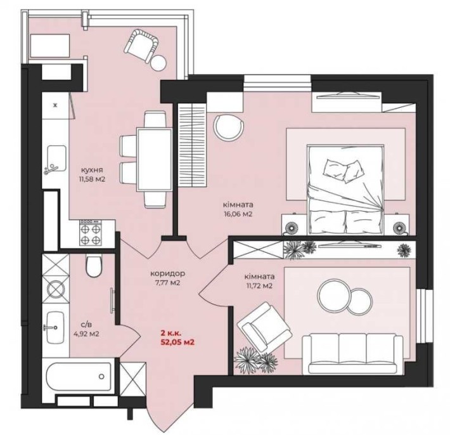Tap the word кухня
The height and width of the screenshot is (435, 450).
tap(92, 169)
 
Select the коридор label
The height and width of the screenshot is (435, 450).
tap(168, 273)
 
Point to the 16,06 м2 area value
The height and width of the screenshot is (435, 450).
tap(238, 214)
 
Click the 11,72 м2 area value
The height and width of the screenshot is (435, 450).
tap(259, 286)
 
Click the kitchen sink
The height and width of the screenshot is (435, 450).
tap(56, 160)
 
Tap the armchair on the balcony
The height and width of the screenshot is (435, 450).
tap(141, 45)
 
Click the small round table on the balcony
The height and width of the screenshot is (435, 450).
tap(158, 63)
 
